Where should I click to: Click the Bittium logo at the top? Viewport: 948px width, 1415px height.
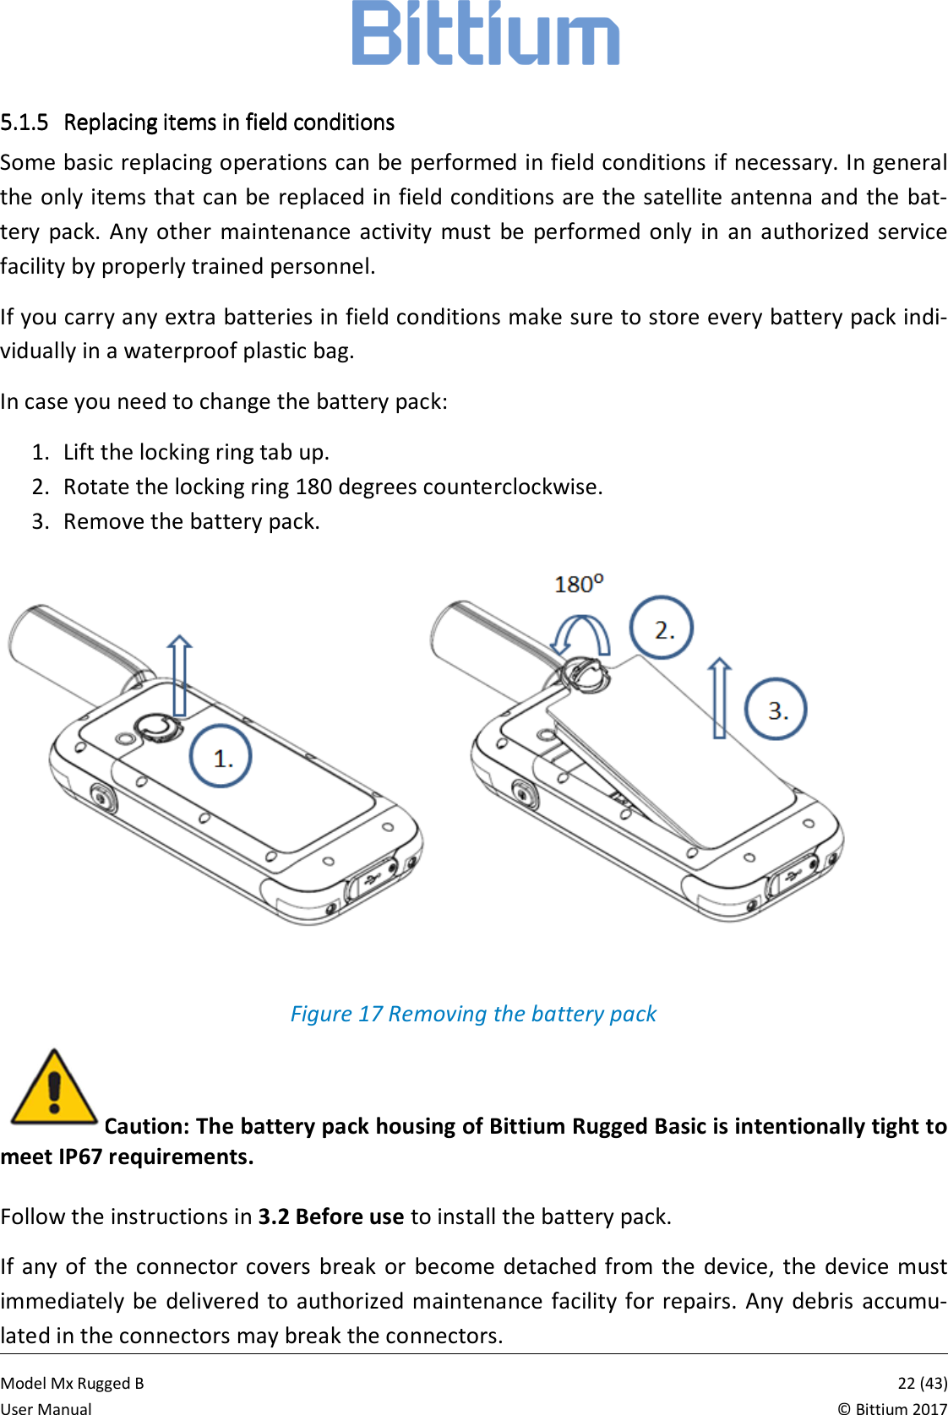[x=485, y=34]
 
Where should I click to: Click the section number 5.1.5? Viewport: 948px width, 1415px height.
[x=25, y=123]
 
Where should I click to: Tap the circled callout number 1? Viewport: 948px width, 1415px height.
[x=221, y=757]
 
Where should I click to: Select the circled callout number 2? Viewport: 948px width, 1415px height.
[x=662, y=629]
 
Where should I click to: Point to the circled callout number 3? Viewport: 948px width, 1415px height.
[x=776, y=710]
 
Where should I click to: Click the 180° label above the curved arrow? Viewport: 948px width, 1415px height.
[x=579, y=584]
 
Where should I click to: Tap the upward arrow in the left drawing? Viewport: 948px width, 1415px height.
[x=179, y=676]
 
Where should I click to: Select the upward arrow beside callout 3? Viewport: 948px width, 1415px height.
[x=719, y=698]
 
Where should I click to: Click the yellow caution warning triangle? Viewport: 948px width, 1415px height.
[x=54, y=1089]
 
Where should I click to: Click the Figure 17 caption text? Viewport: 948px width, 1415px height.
[x=473, y=1014]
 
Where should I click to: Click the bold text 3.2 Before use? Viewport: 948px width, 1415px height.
[x=331, y=1216]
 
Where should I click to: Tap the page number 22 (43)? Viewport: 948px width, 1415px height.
[x=922, y=1383]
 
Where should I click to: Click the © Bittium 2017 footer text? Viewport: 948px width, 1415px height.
[x=892, y=1407]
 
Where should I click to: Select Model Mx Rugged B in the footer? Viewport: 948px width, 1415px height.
[x=73, y=1383]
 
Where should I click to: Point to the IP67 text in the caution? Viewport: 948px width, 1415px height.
[x=80, y=1156]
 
